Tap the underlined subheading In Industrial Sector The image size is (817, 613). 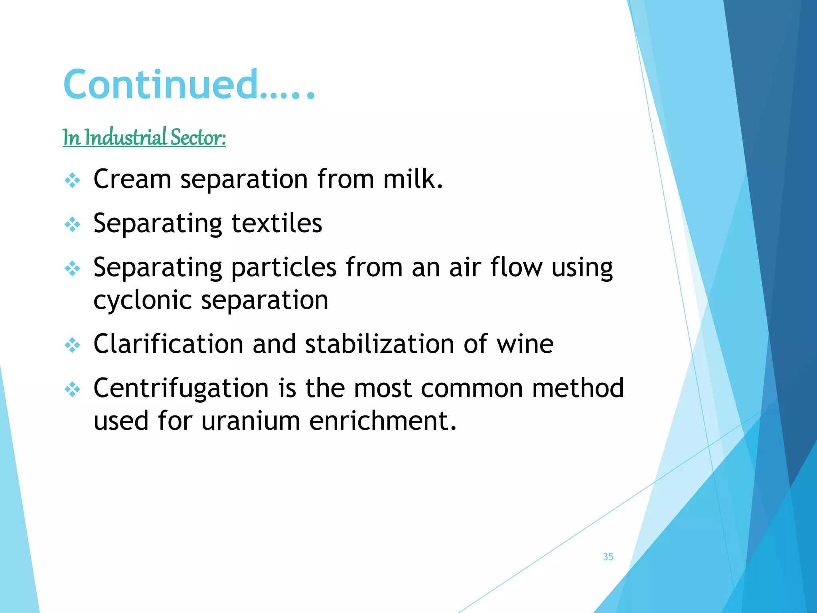(144, 137)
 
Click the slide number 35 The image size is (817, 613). (608, 557)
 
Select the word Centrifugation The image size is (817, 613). (181, 388)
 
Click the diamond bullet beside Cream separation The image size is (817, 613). (72, 180)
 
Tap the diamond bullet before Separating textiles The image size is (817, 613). (72, 225)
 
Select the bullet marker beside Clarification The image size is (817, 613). (72, 345)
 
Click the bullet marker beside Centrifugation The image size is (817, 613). (72, 390)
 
